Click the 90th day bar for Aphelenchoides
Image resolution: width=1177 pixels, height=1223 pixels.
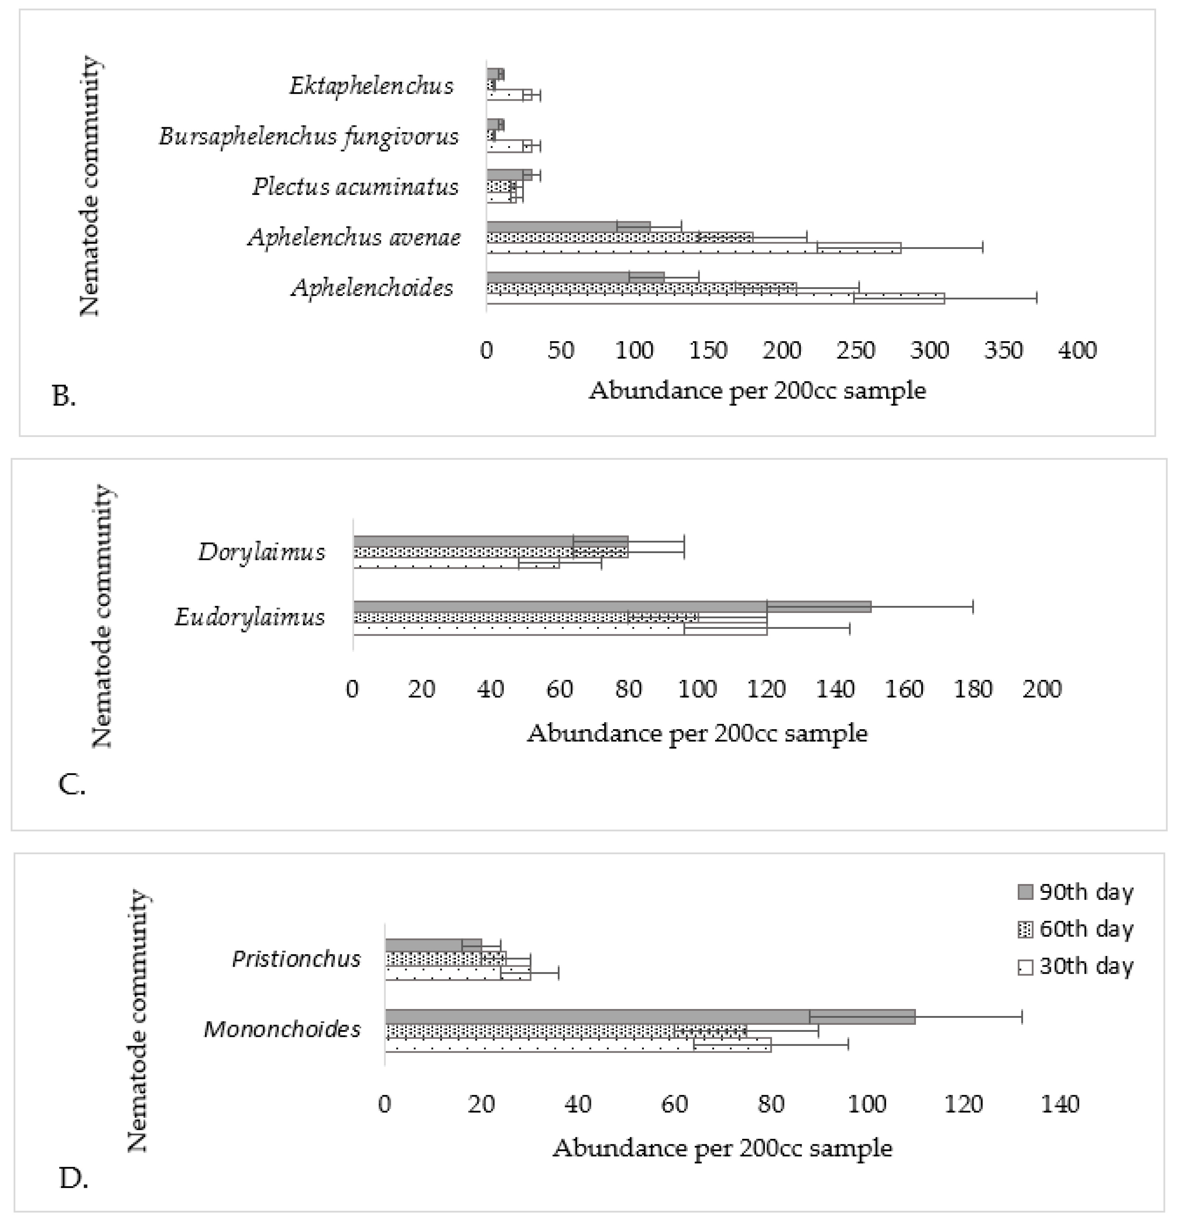pyautogui.click(x=574, y=277)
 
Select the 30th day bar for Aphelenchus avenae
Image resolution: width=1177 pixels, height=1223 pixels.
pyautogui.click(x=693, y=248)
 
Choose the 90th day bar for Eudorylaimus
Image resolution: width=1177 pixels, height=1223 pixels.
pyautogui.click(x=611, y=606)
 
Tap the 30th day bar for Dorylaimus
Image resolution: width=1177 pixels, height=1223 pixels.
pyautogui.click(x=456, y=563)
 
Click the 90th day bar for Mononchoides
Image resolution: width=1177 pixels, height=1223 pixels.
pyautogui.click(x=649, y=1016)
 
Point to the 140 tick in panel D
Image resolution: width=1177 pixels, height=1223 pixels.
pyautogui.click(x=1060, y=1105)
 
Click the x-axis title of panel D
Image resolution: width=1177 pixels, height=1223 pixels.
pyautogui.click(x=722, y=1148)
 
